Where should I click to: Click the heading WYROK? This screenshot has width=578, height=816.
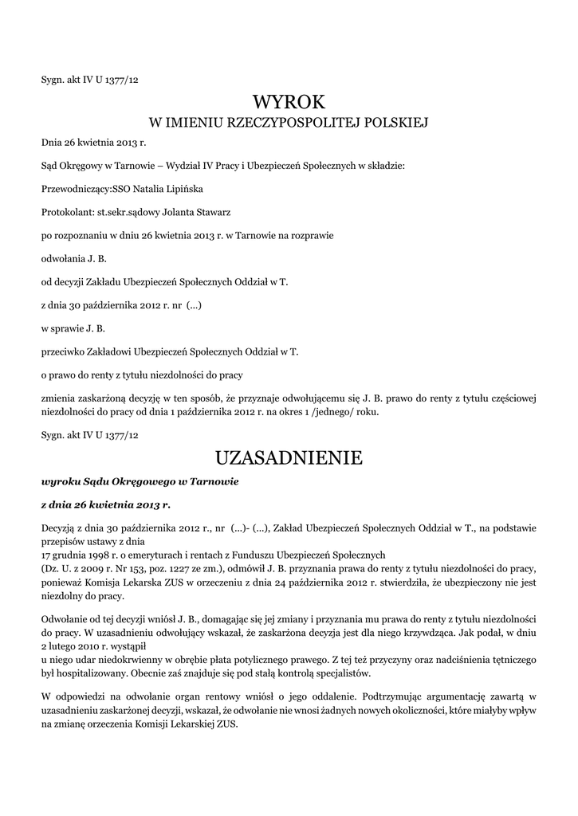pos(289,101)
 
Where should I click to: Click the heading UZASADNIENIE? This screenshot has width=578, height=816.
pos(289,458)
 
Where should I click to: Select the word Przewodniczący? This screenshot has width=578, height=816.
pos(73,190)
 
